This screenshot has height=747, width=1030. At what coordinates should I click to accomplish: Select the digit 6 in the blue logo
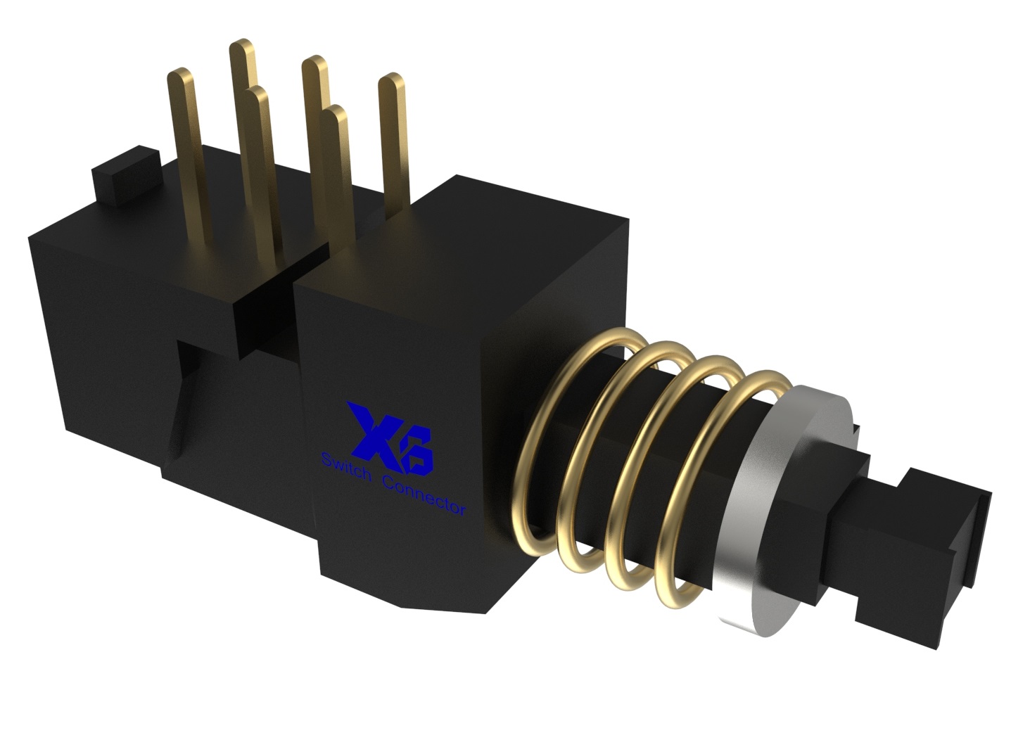click(x=417, y=450)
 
